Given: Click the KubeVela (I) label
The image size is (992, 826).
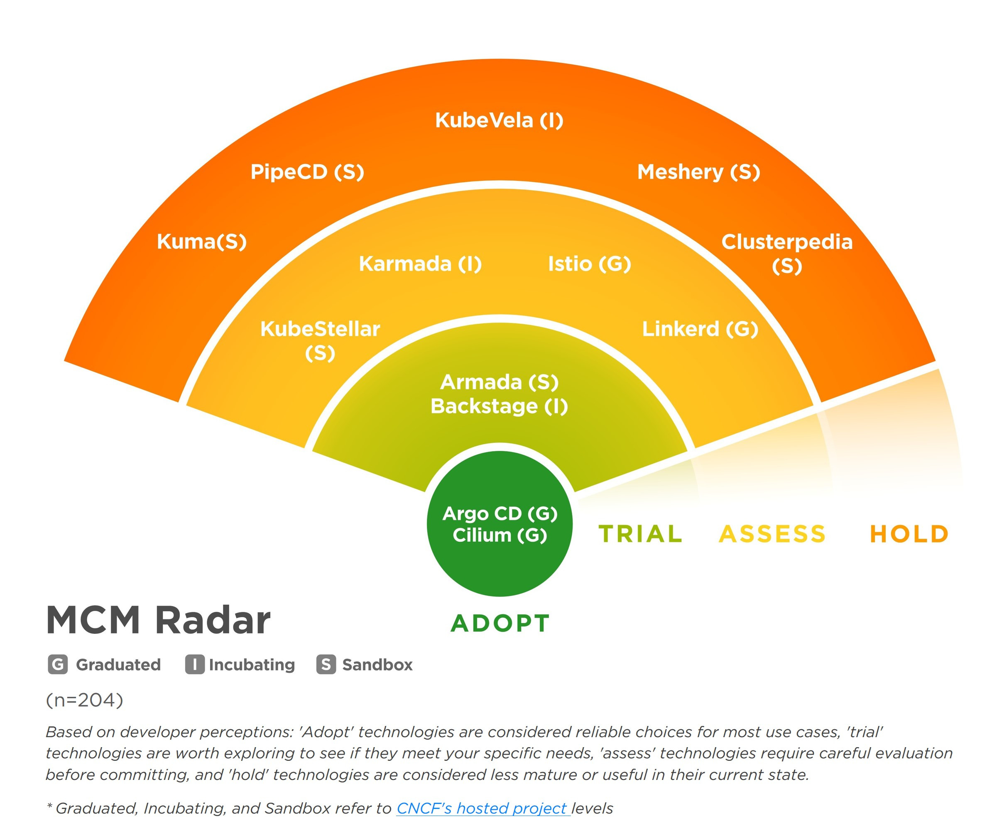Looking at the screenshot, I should [x=499, y=120].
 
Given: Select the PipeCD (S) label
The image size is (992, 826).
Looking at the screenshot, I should [x=307, y=171].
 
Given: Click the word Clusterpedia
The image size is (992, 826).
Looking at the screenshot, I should [x=786, y=242].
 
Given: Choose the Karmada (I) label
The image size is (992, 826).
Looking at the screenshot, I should [x=420, y=264].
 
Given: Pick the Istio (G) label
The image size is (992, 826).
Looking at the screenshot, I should [x=589, y=264].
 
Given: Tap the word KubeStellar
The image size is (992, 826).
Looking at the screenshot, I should [x=320, y=329].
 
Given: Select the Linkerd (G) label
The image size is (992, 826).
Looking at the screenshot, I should [x=700, y=329].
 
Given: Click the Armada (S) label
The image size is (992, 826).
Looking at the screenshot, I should [x=499, y=382].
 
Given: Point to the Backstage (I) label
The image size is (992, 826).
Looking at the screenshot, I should [x=499, y=406].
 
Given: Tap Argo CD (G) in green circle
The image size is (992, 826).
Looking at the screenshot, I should [x=500, y=513].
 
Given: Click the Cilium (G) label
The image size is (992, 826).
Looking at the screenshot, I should [x=500, y=535].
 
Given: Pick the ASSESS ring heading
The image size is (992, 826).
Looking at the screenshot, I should [x=772, y=534].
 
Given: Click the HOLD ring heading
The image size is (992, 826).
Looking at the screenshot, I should [x=909, y=534].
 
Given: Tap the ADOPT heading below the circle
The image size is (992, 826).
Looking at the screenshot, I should [x=500, y=623].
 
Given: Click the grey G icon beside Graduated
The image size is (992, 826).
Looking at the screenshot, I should [x=58, y=665].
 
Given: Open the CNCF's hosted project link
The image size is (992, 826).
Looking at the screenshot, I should [x=482, y=808].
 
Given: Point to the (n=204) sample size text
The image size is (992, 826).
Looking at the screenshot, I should [x=85, y=700].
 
